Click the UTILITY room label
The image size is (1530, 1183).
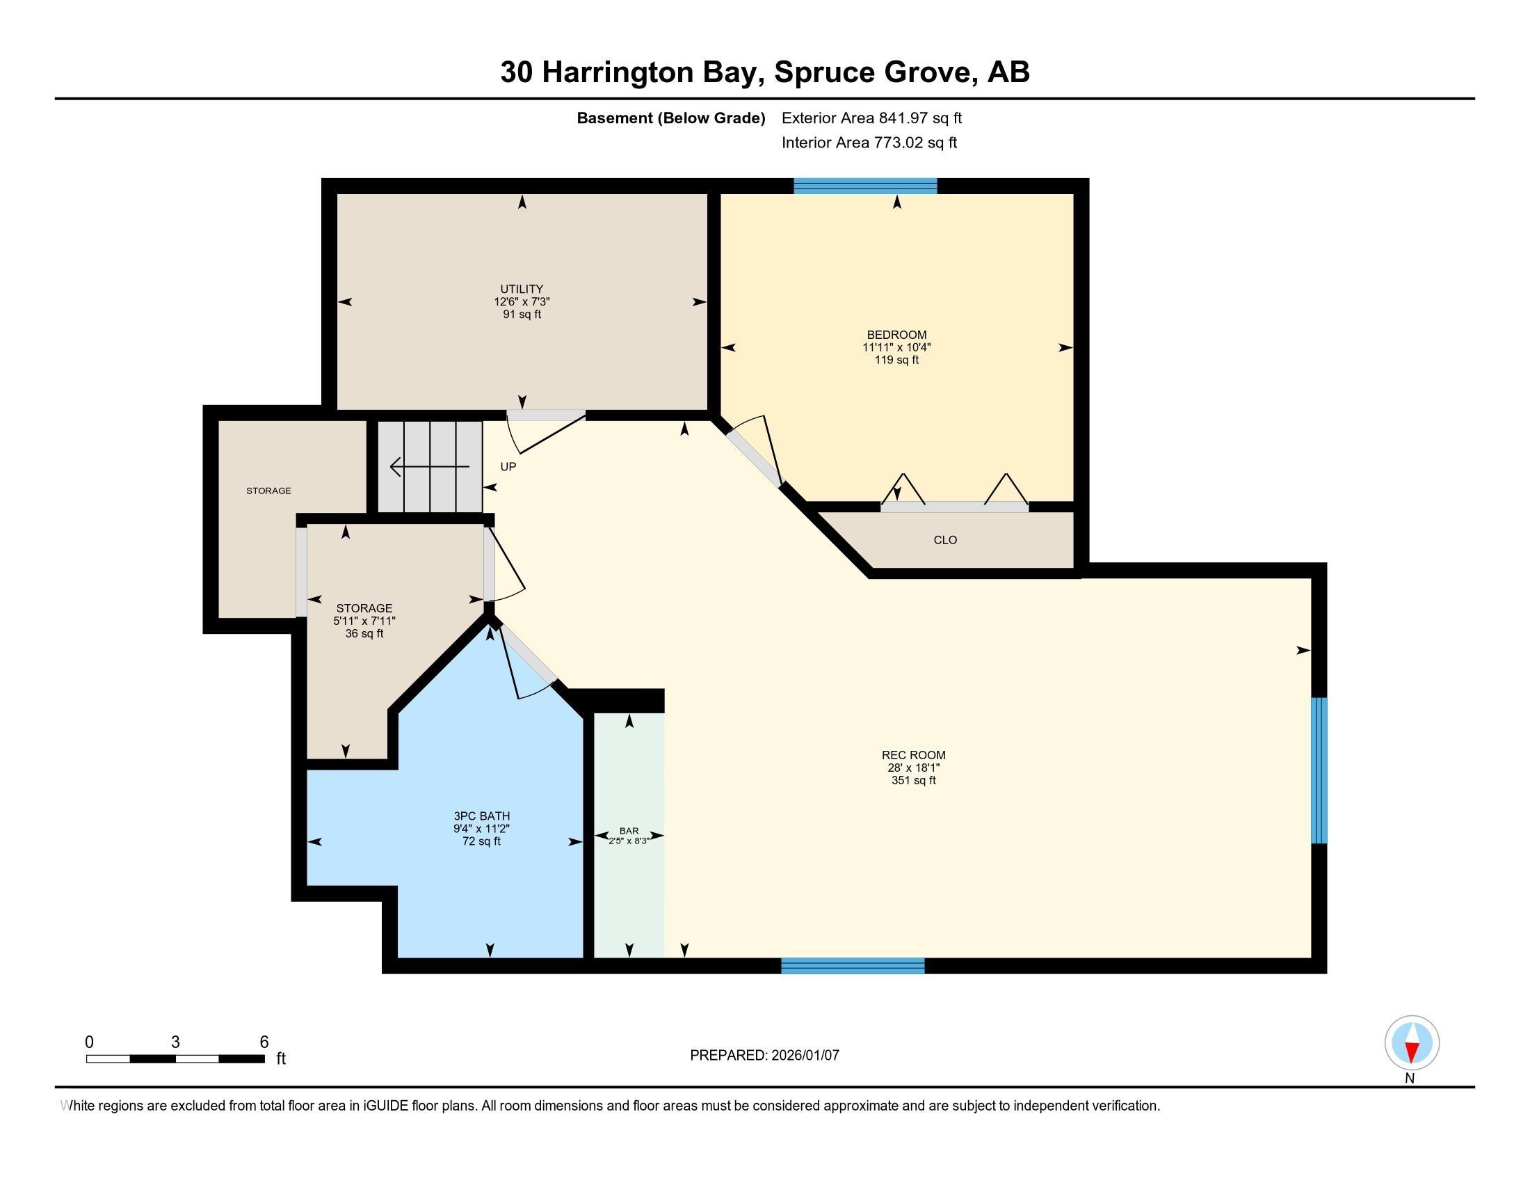pyautogui.click(x=521, y=289)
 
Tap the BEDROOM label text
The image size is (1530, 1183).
pyautogui.click(x=896, y=335)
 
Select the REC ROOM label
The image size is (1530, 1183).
pyautogui.click(x=914, y=755)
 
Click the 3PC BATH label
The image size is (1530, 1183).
pyautogui.click(x=481, y=816)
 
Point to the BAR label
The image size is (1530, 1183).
pyautogui.click(x=629, y=830)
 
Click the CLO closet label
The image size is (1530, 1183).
pyautogui.click(x=945, y=539)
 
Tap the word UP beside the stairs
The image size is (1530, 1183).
pyautogui.click(x=508, y=467)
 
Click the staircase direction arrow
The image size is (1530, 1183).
pyautogui.click(x=429, y=466)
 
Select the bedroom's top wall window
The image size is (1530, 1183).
pyautogui.click(x=865, y=186)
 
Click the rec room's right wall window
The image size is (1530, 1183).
pyautogui.click(x=1319, y=770)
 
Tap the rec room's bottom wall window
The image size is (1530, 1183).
pyautogui.click(x=853, y=966)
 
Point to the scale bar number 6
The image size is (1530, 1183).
pyautogui.click(x=264, y=1042)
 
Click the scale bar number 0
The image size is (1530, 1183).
pyautogui.click(x=89, y=1042)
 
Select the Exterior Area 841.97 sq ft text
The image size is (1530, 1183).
pyautogui.click(x=871, y=118)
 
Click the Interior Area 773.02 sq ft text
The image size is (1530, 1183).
pyautogui.click(x=869, y=143)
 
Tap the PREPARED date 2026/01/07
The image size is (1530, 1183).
pyautogui.click(x=804, y=1055)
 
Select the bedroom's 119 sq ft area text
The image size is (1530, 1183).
pyautogui.click(x=896, y=360)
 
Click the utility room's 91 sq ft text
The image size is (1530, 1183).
pyautogui.click(x=521, y=314)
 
